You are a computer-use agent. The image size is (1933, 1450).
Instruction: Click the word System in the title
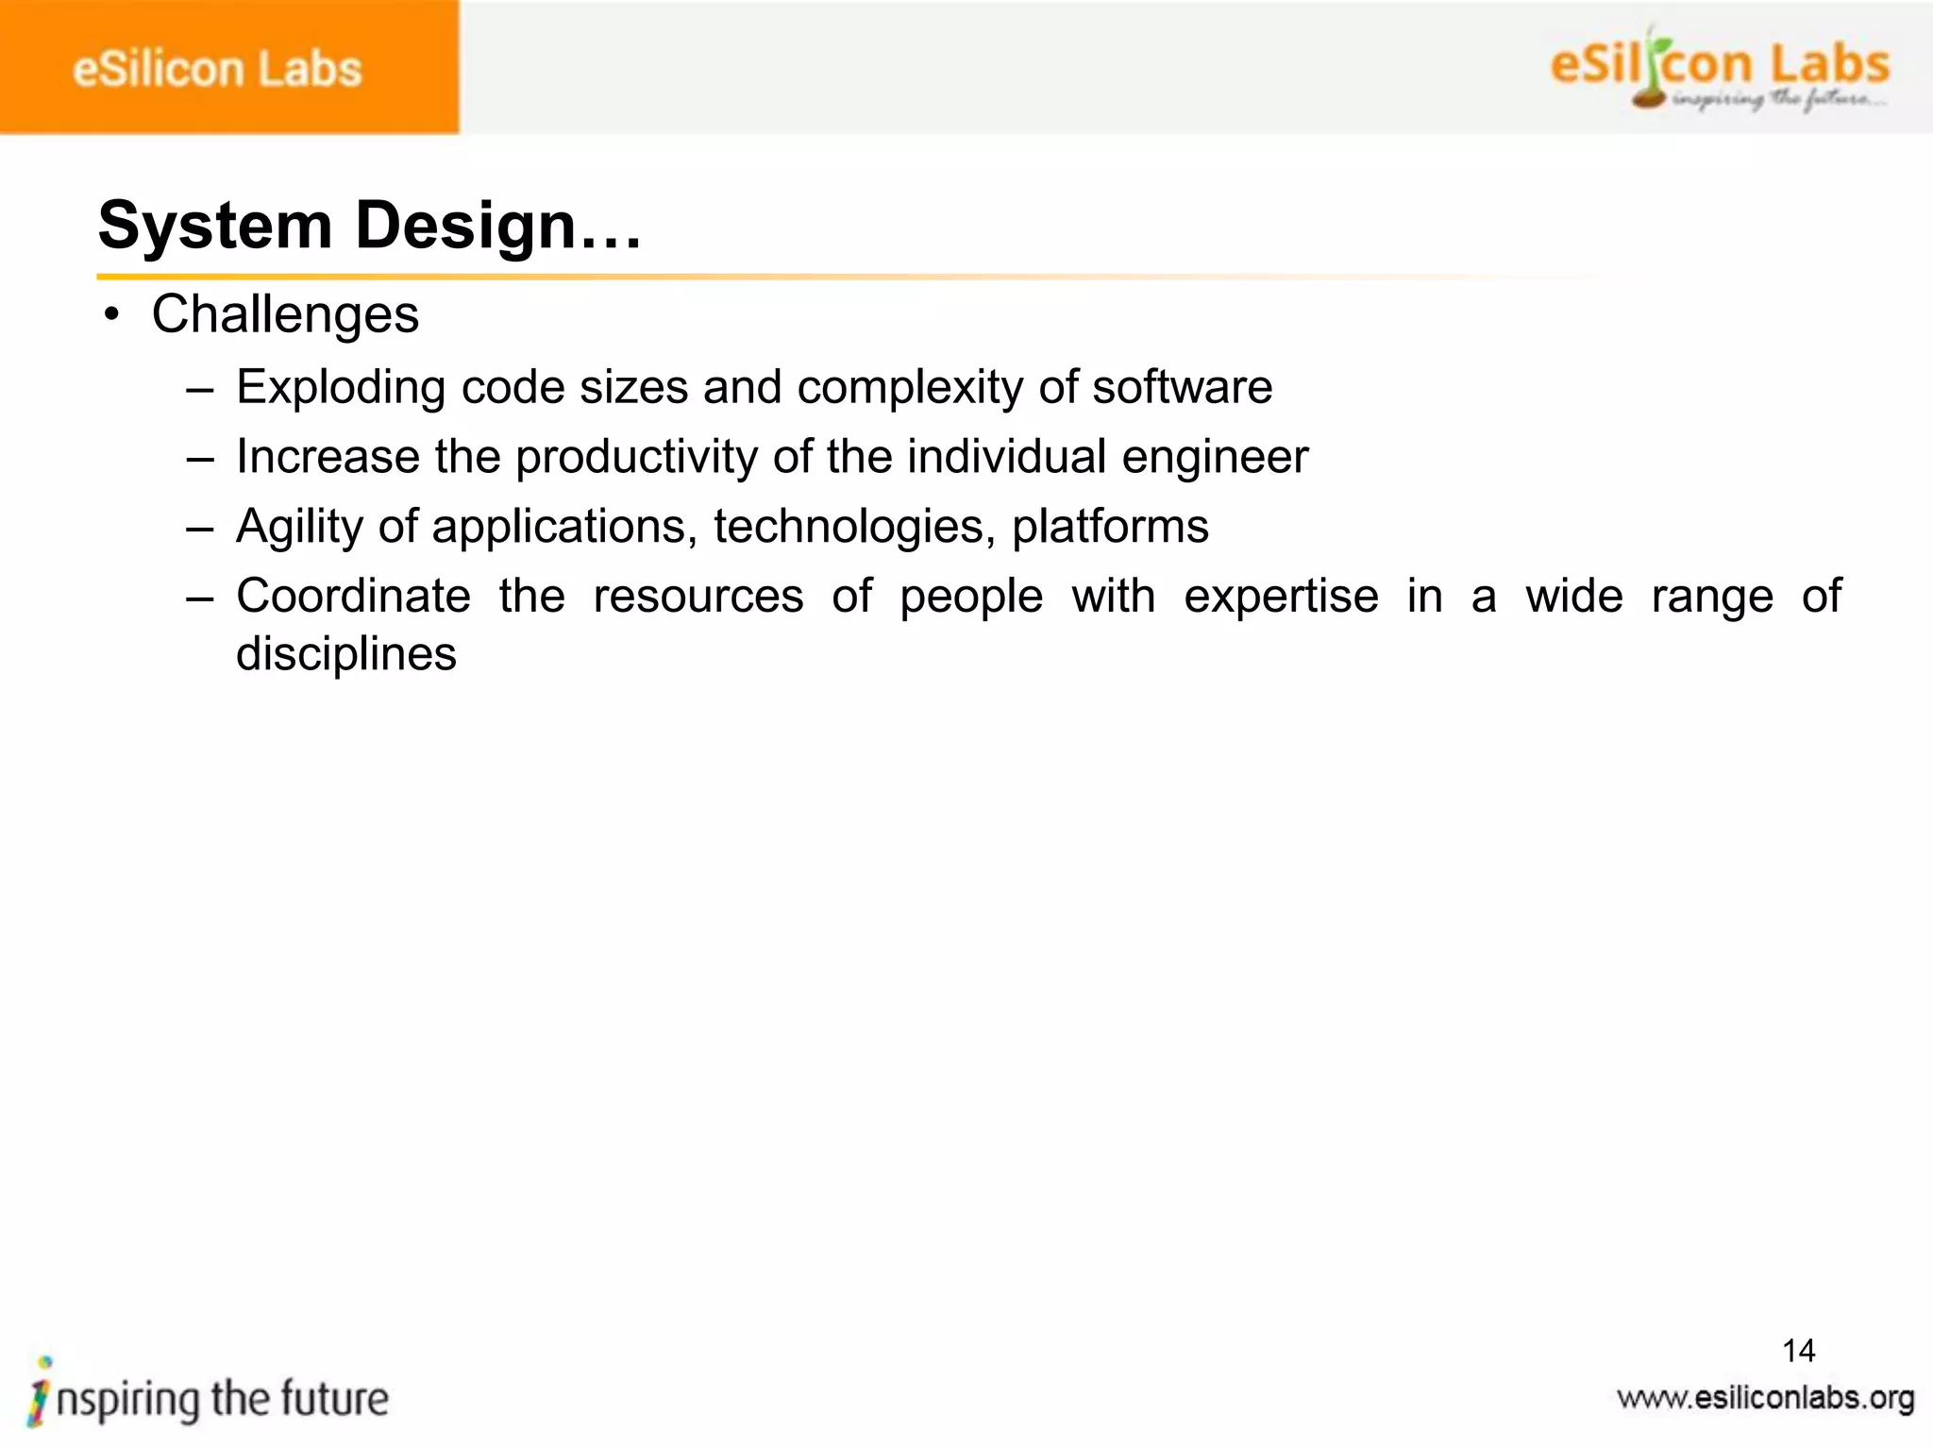pos(215,226)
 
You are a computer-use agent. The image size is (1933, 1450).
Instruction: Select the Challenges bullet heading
pos(285,314)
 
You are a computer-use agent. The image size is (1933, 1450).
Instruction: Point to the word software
pos(1182,387)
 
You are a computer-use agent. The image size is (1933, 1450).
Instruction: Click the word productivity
pos(636,458)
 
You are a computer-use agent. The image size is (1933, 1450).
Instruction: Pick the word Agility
pos(299,527)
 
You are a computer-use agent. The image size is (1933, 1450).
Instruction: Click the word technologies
pos(848,527)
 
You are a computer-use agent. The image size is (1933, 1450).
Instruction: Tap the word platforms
pos(1110,527)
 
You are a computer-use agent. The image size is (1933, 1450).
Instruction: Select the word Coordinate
pos(353,596)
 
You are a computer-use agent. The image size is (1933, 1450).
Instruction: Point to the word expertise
pos(1281,597)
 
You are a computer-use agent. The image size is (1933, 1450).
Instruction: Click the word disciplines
pos(346,654)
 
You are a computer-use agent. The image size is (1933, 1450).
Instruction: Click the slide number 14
pos(1798,1351)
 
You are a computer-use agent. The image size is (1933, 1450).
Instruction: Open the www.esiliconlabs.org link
pos(1765,1398)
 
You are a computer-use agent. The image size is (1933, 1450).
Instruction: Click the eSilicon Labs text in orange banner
pos(217,70)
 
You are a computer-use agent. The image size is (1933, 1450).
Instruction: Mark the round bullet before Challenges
pos(112,315)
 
